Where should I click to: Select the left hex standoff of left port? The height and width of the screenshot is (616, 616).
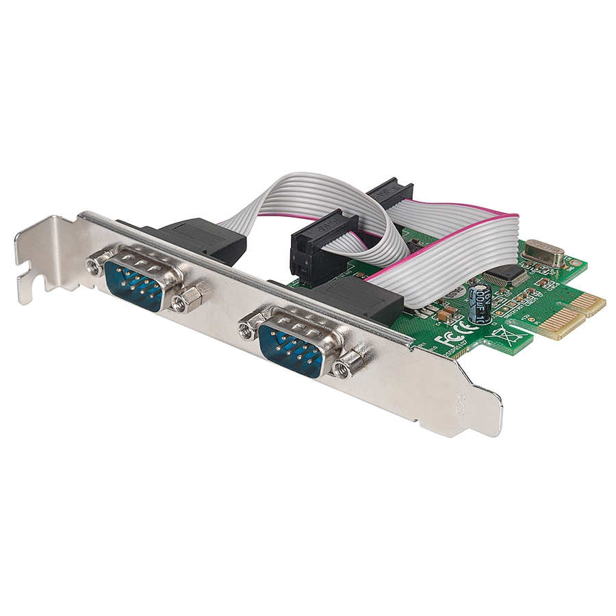[x=93, y=264]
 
